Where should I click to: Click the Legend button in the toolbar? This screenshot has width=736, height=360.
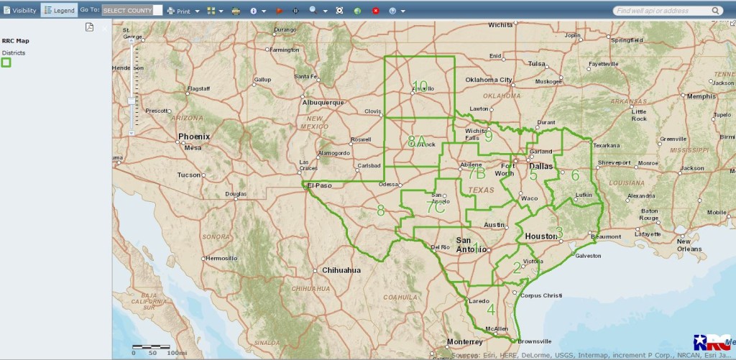(x=58, y=11)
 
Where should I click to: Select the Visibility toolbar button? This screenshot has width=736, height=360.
(x=19, y=11)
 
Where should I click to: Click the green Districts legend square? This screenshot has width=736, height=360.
(x=6, y=63)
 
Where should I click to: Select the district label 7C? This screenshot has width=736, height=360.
(x=436, y=206)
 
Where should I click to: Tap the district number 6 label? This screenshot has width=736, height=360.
(x=574, y=175)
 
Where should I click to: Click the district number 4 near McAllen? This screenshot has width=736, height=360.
(x=491, y=310)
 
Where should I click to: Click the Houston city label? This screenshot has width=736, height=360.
(x=541, y=236)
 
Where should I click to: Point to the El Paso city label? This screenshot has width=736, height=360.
(x=322, y=185)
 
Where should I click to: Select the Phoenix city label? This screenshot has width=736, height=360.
(x=194, y=137)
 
